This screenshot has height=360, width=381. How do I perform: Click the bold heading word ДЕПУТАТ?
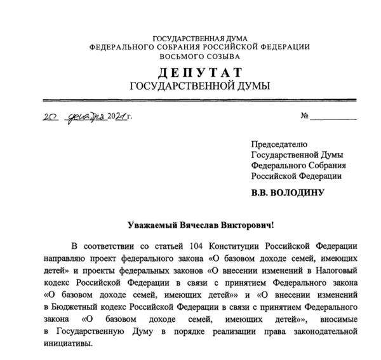(200, 73)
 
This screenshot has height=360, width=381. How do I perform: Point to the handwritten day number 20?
(51, 117)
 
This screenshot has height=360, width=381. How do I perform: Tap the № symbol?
(305, 116)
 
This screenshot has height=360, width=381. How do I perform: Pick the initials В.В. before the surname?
(263, 192)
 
